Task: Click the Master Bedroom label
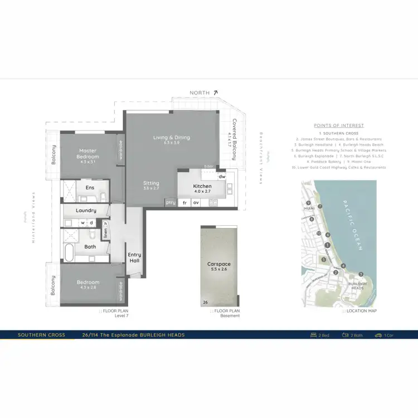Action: click(x=88, y=154)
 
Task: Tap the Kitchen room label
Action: click(x=202, y=186)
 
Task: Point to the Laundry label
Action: click(x=86, y=211)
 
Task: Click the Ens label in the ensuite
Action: click(x=90, y=188)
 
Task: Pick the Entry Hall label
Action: click(x=134, y=257)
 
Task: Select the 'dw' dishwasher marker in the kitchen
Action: click(x=221, y=177)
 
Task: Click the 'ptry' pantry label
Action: click(x=171, y=203)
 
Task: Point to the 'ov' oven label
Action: click(x=196, y=203)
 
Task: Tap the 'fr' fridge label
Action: click(x=184, y=203)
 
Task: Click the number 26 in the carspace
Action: click(x=205, y=302)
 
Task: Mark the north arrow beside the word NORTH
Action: click(x=215, y=93)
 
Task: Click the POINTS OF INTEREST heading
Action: click(x=339, y=125)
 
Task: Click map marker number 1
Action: click(x=327, y=245)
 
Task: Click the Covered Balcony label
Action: click(x=234, y=139)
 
